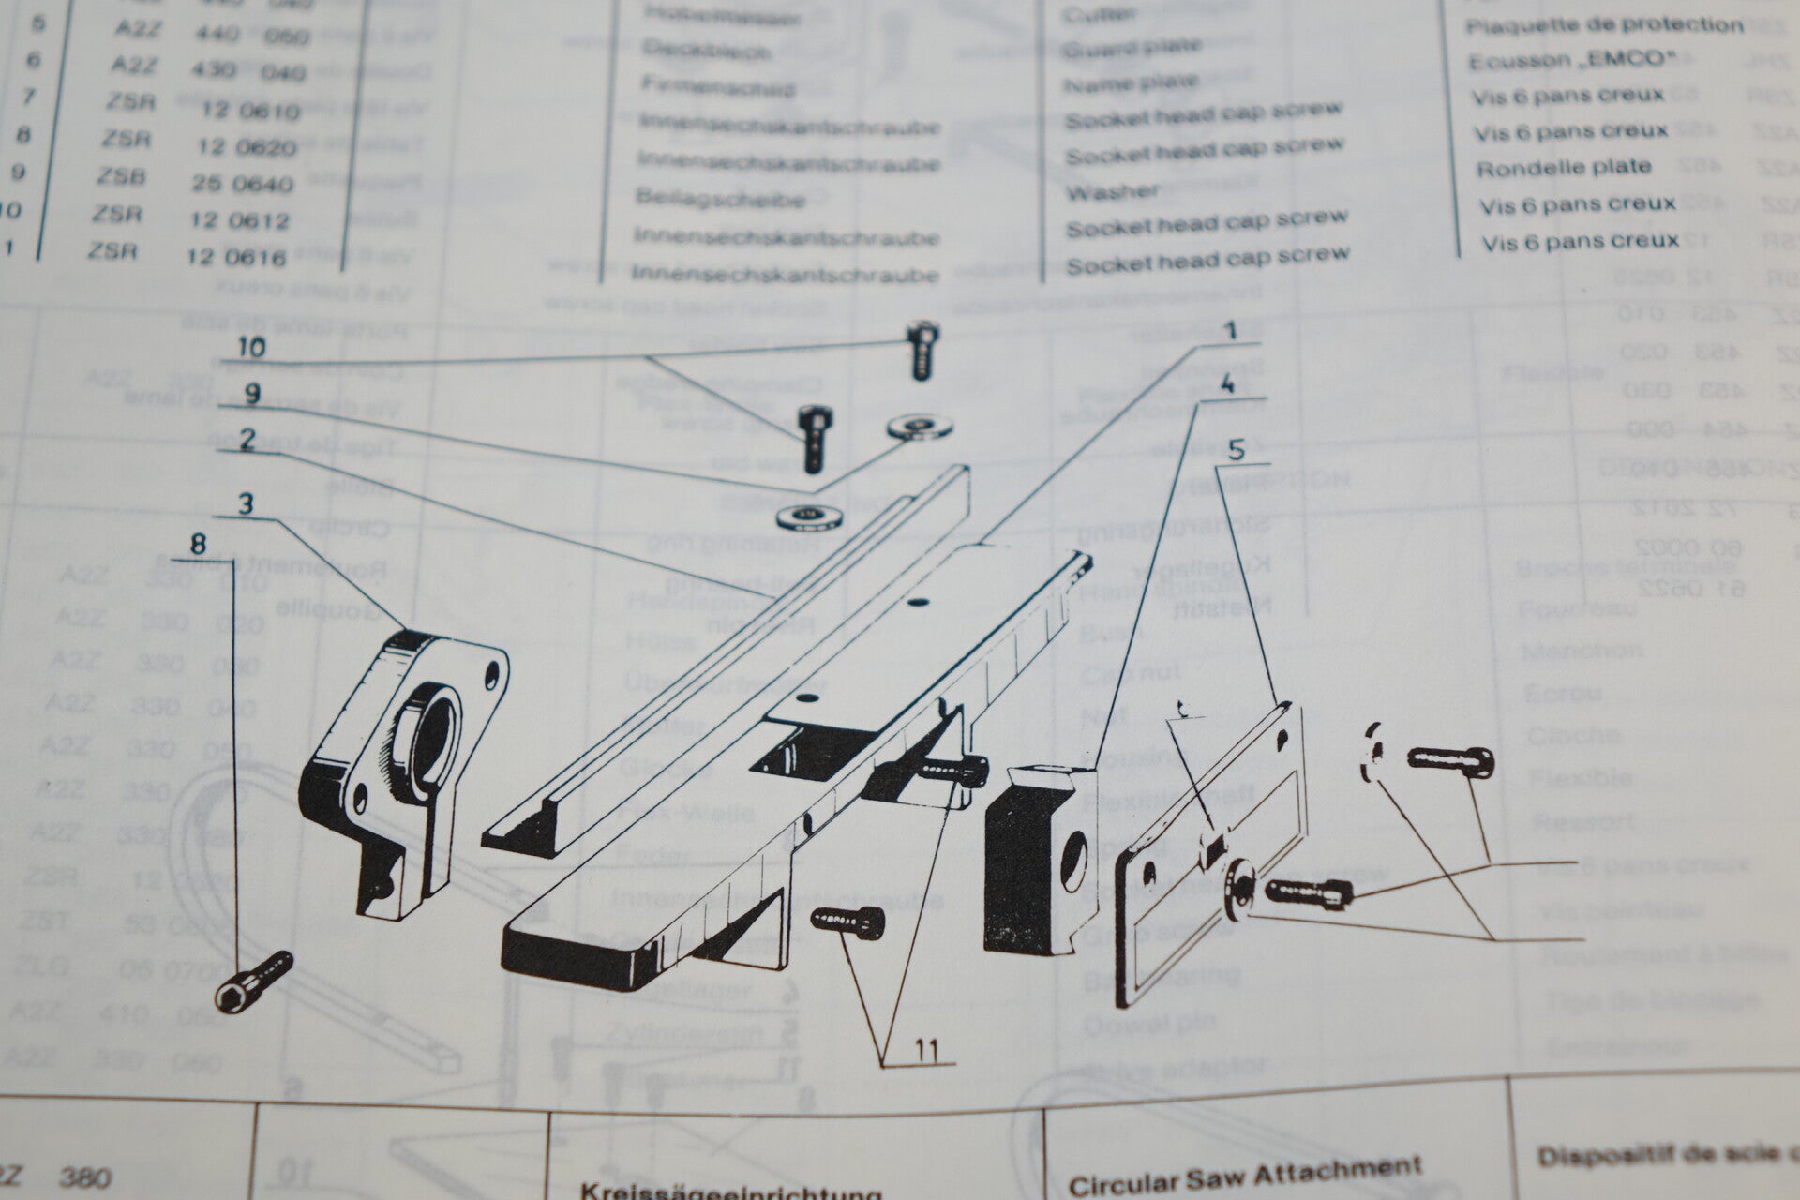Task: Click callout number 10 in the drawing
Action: tap(250, 348)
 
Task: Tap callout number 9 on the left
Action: tap(251, 395)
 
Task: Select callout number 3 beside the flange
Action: tap(246, 504)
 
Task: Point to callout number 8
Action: tap(197, 544)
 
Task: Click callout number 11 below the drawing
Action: tap(927, 1050)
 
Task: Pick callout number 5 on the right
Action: tap(1237, 451)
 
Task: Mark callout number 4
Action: tap(1227, 384)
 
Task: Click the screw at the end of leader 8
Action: tap(254, 981)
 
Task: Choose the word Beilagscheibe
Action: tap(720, 200)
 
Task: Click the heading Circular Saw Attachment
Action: tap(1244, 1175)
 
